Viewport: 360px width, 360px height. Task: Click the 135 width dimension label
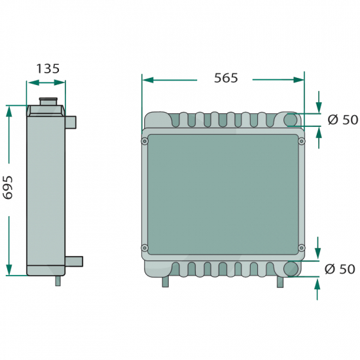pyautogui.click(x=48, y=69)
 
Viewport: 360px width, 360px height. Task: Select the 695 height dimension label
pyautogui.click(x=8, y=187)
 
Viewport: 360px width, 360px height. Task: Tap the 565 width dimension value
pyautogui.click(x=226, y=78)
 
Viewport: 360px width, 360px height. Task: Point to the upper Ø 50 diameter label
pyautogui.click(x=343, y=120)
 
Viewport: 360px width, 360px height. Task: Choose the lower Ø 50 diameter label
pyautogui.click(x=340, y=269)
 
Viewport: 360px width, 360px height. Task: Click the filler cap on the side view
pyautogui.click(x=48, y=101)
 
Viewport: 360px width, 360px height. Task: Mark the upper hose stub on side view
pyautogui.click(x=71, y=122)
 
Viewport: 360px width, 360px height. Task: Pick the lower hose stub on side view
pyautogui.click(x=74, y=262)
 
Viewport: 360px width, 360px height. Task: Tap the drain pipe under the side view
pyautogui.click(x=58, y=281)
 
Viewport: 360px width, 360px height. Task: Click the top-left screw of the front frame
pyautogui.click(x=145, y=141)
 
